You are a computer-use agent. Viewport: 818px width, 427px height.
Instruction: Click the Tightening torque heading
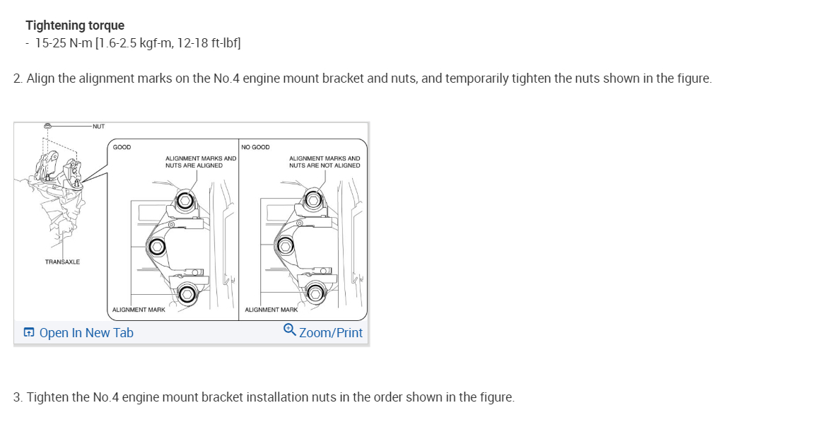click(x=75, y=25)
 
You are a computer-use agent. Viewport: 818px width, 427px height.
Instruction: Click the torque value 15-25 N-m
click(x=64, y=43)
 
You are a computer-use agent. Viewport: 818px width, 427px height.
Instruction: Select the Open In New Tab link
click(x=78, y=333)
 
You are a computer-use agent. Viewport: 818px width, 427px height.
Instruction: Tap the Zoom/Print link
click(x=330, y=333)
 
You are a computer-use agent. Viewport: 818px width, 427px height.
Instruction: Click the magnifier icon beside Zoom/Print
click(x=289, y=331)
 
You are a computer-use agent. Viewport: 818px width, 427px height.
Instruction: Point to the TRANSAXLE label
click(x=62, y=262)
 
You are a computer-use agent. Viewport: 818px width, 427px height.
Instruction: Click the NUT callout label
click(x=98, y=127)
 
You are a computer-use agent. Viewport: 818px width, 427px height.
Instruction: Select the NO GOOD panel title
click(x=255, y=148)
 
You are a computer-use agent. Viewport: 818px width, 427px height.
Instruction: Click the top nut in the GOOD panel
click(x=185, y=200)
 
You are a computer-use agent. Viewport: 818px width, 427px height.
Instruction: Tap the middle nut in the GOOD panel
click(x=156, y=246)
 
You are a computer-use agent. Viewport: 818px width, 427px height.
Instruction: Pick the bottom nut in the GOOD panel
click(x=187, y=293)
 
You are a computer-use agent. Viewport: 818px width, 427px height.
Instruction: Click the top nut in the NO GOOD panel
click(x=315, y=200)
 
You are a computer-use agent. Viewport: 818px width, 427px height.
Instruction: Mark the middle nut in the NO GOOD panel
click(x=286, y=246)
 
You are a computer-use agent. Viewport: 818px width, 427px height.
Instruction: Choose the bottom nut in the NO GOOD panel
click(x=315, y=293)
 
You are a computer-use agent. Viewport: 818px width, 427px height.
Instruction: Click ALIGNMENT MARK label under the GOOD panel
click(x=139, y=310)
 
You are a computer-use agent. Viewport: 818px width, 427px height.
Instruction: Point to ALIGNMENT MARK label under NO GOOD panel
click(x=271, y=310)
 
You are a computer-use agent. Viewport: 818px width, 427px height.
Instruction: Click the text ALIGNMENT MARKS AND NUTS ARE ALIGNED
click(x=200, y=162)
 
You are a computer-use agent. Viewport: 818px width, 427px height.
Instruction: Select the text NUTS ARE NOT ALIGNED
click(x=325, y=165)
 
